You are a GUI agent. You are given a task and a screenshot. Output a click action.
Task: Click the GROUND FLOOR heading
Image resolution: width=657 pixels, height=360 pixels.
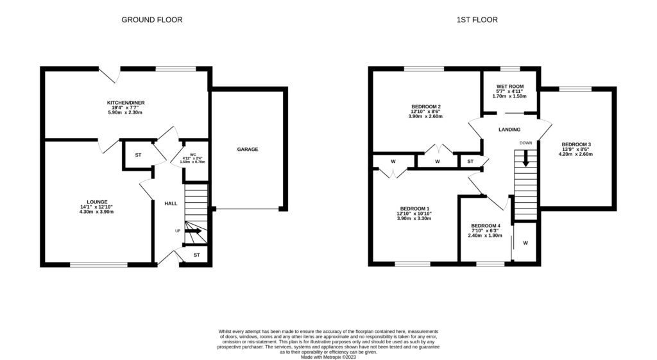[x=152, y=20]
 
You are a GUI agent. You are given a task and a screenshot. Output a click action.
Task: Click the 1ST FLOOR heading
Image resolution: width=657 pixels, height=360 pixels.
[x=477, y=20]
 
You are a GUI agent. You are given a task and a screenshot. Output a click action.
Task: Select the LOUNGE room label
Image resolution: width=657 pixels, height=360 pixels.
[x=97, y=201]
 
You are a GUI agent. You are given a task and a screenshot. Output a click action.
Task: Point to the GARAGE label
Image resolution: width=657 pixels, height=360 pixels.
[x=248, y=150]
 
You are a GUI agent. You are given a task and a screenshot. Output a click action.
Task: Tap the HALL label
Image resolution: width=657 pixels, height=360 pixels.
[x=171, y=203]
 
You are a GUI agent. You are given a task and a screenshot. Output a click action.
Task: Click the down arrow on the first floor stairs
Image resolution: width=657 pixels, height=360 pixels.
[x=526, y=159]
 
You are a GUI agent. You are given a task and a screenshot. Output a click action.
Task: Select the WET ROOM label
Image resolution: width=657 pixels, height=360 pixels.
[x=510, y=86]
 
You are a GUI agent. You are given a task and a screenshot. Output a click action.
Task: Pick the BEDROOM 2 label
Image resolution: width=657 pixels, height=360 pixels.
[x=425, y=107]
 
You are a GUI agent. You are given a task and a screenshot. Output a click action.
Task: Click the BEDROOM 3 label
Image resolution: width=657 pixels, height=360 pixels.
[x=576, y=144]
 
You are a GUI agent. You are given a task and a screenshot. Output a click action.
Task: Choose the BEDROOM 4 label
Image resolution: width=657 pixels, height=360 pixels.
[x=485, y=225]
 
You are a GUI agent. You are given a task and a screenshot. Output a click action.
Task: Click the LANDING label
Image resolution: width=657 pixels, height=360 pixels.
[x=509, y=130]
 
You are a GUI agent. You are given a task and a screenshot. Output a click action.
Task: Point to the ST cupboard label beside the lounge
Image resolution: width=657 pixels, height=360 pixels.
[x=138, y=155]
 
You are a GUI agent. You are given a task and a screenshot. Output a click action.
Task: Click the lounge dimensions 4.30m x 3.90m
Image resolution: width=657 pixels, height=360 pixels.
[x=97, y=212]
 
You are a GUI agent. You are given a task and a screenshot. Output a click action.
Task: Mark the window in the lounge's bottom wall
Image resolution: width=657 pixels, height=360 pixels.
[x=98, y=264]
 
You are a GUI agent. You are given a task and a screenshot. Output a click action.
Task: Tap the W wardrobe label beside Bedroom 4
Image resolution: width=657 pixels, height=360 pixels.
[x=525, y=243]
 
